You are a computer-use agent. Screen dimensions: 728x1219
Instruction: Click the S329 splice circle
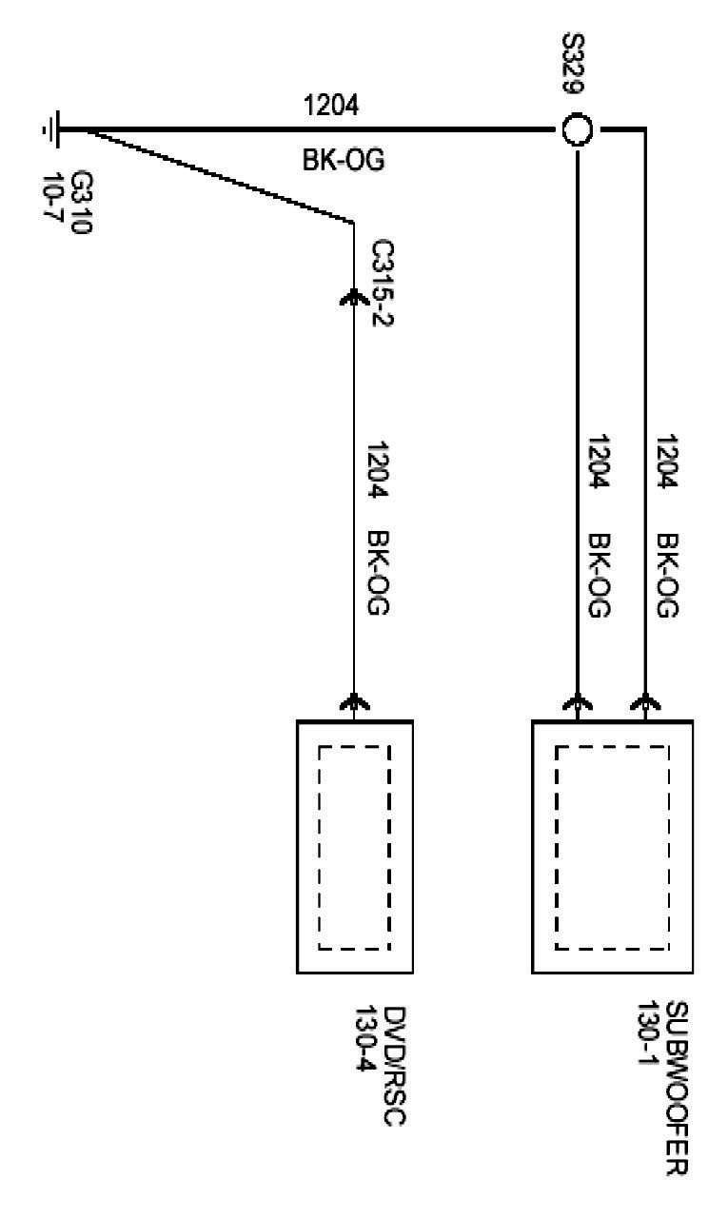click(x=574, y=129)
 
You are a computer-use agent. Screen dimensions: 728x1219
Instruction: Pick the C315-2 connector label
click(x=384, y=282)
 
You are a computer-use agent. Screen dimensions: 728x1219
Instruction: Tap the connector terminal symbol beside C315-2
click(x=354, y=298)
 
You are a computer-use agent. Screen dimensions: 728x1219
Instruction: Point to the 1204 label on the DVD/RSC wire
click(x=382, y=472)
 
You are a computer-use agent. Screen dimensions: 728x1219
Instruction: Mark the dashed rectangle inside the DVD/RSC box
click(x=354, y=847)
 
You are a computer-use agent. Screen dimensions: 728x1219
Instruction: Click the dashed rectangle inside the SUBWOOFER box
click(x=613, y=847)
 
